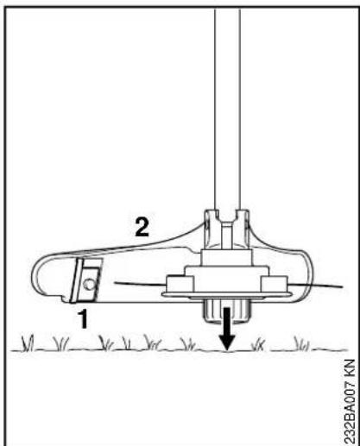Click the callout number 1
84,318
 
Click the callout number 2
142,227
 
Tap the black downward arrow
227,330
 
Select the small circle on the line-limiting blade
89,285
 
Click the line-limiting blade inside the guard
86,280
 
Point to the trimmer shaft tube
227,110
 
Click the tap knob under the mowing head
227,311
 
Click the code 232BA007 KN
351,402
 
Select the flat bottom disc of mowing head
227,294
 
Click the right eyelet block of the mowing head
275,284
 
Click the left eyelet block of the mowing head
180,284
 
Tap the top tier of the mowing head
227,258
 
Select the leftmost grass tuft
28,343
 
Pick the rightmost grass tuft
301,343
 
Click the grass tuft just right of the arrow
258,345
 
